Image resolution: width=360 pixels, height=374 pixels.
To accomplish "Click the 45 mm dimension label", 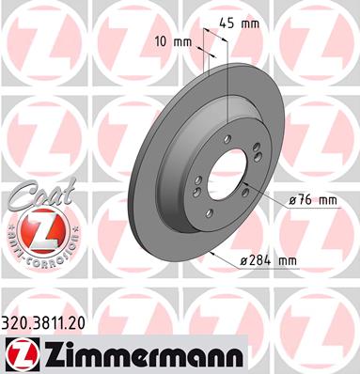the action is click(239, 23).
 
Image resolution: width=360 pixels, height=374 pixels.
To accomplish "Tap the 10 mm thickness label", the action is click(173, 41).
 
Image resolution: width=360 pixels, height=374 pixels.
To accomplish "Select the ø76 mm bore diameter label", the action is click(312, 200).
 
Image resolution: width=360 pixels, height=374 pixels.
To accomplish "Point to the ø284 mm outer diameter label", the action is click(268, 260).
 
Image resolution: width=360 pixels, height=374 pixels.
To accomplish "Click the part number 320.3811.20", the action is click(43, 324).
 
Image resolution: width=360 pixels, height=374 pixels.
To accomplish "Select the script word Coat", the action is click(40, 195).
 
